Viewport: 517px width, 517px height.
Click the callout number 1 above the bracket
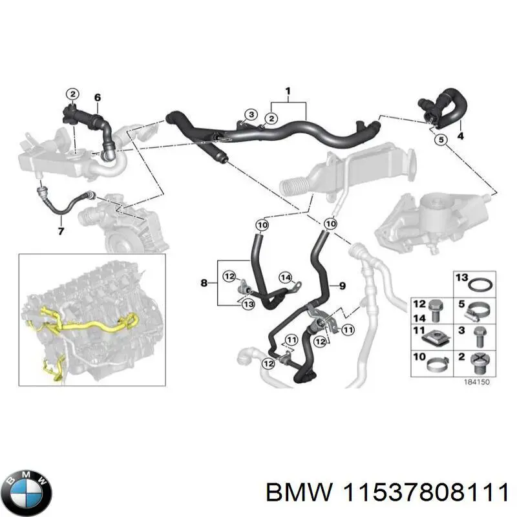point(288,90)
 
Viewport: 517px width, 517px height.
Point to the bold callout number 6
point(98,98)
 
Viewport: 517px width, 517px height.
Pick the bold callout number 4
point(460,136)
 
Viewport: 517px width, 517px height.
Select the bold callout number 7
point(61,231)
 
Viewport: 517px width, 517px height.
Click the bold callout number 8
point(205,282)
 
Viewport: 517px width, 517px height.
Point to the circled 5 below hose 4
point(441,140)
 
